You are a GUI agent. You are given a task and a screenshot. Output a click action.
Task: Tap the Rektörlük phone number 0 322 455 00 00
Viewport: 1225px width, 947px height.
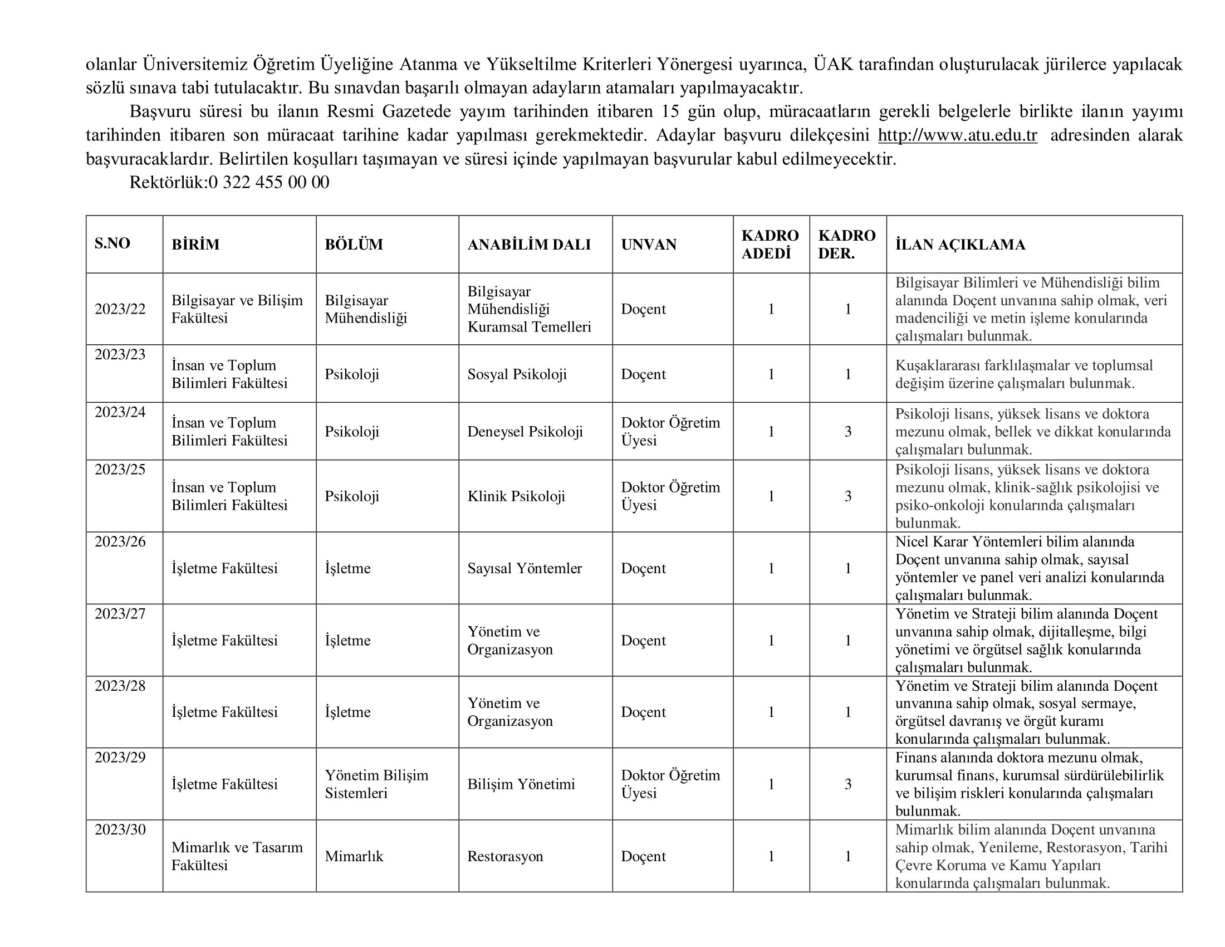[269, 182]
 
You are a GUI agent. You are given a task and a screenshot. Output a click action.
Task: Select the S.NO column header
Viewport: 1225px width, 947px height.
[112, 243]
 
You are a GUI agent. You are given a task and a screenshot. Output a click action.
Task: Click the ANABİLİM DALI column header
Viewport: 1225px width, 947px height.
[529, 245]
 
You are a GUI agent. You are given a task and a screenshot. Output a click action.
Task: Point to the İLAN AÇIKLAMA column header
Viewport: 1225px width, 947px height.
[960, 245]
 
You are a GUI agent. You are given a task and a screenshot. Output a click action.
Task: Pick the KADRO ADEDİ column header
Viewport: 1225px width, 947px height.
[770, 244]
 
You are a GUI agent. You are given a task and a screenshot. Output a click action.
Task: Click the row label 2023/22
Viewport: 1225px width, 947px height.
[120, 309]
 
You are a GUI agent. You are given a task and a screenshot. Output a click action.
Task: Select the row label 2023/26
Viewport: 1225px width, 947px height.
[120, 541]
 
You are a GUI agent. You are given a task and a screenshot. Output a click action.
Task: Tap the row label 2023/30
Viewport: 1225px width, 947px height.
[120, 829]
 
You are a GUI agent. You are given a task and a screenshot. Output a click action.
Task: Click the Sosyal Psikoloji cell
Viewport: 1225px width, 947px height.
[517, 374]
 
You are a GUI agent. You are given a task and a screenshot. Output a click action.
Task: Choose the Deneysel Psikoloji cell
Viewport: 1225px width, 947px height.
[525, 431]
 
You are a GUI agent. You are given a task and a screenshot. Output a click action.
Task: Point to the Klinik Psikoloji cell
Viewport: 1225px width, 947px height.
[516, 496]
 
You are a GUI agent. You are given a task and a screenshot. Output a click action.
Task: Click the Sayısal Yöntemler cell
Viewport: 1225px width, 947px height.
[525, 568]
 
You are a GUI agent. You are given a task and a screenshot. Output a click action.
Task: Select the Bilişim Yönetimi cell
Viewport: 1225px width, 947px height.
[521, 784]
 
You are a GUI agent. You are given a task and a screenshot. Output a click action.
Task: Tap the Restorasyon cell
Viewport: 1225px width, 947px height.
[505, 856]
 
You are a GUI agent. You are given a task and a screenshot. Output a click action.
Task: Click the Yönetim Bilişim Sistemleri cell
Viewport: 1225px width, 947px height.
[376, 784]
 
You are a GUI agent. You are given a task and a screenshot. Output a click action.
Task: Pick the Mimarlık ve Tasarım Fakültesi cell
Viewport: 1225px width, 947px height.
[237, 856]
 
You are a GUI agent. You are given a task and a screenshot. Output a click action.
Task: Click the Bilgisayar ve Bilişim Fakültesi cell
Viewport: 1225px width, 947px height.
[237, 309]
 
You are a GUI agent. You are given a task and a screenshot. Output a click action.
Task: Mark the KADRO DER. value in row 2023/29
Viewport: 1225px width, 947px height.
[847, 784]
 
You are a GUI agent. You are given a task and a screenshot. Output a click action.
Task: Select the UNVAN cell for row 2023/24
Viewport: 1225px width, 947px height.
[670, 431]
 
